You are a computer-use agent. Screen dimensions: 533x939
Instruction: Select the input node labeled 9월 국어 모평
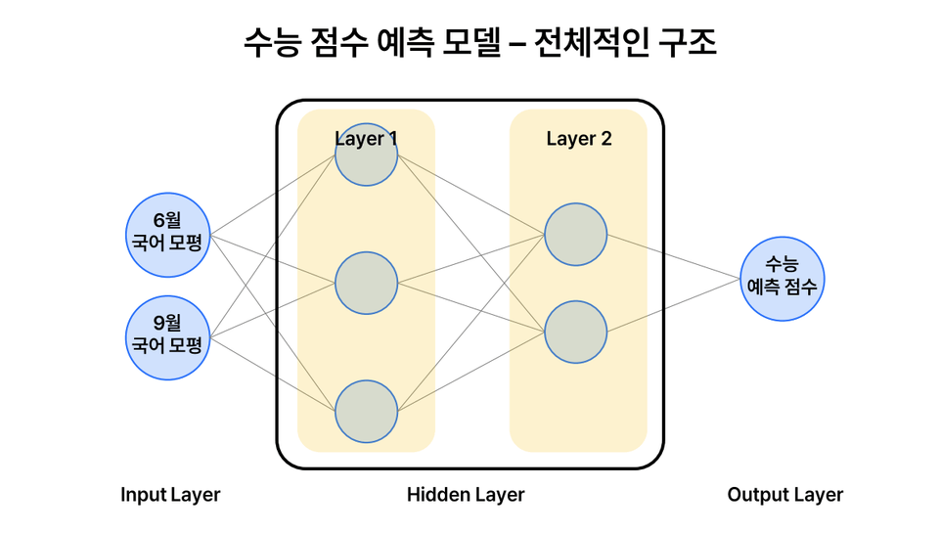pos(169,337)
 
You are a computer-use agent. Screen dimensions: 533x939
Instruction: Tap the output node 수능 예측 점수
pos(782,279)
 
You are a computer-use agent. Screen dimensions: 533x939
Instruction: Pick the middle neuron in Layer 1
pos(366,284)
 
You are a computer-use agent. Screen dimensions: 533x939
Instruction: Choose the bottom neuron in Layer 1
pos(366,412)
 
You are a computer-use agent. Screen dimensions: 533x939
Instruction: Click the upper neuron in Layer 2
pos(576,235)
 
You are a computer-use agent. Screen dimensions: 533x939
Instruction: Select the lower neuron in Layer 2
pos(576,333)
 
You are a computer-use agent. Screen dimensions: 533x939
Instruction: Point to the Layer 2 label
pos(579,139)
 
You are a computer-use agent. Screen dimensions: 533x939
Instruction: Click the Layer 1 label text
pos(366,138)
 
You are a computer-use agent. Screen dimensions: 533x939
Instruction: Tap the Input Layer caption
pos(170,495)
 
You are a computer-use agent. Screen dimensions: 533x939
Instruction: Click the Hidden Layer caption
pos(466,495)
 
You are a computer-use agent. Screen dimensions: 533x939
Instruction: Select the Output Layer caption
pos(784,495)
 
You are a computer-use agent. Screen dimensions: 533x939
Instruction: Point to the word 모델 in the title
pos(470,43)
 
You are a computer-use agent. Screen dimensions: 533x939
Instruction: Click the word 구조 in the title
pos(689,43)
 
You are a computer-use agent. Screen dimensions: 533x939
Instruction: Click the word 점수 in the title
pos(337,43)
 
